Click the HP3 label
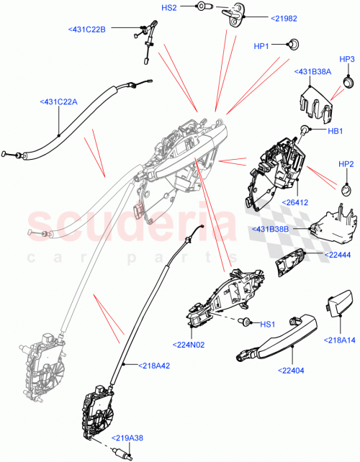[347, 58]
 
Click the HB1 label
[334, 130]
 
